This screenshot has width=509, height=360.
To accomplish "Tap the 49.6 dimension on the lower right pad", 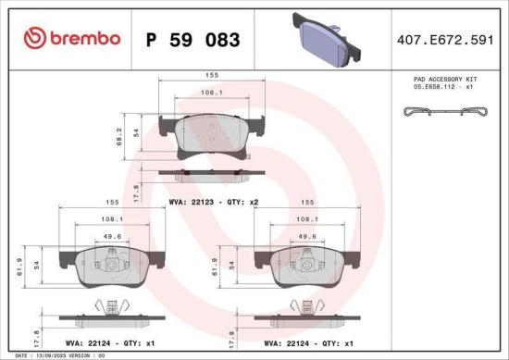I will pos(301,236).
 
